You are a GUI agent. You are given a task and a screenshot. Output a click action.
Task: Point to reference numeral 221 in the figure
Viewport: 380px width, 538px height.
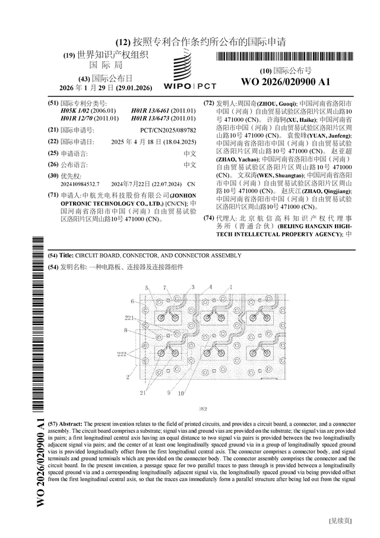click(129, 318)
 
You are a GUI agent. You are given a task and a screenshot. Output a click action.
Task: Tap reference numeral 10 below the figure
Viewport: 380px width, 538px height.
click(180, 393)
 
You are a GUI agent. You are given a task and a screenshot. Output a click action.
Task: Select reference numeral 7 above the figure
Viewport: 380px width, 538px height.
click(164, 287)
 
